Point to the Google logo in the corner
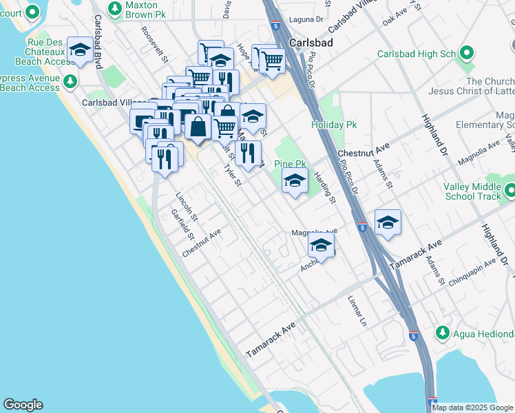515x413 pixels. click(x=23, y=405)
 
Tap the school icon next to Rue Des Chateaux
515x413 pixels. click(x=81, y=50)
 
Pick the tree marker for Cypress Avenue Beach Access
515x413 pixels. click(x=70, y=83)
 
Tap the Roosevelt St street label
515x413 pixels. click(x=154, y=44)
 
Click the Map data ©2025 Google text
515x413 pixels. click(x=473, y=407)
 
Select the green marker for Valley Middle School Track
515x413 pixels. click(x=509, y=190)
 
